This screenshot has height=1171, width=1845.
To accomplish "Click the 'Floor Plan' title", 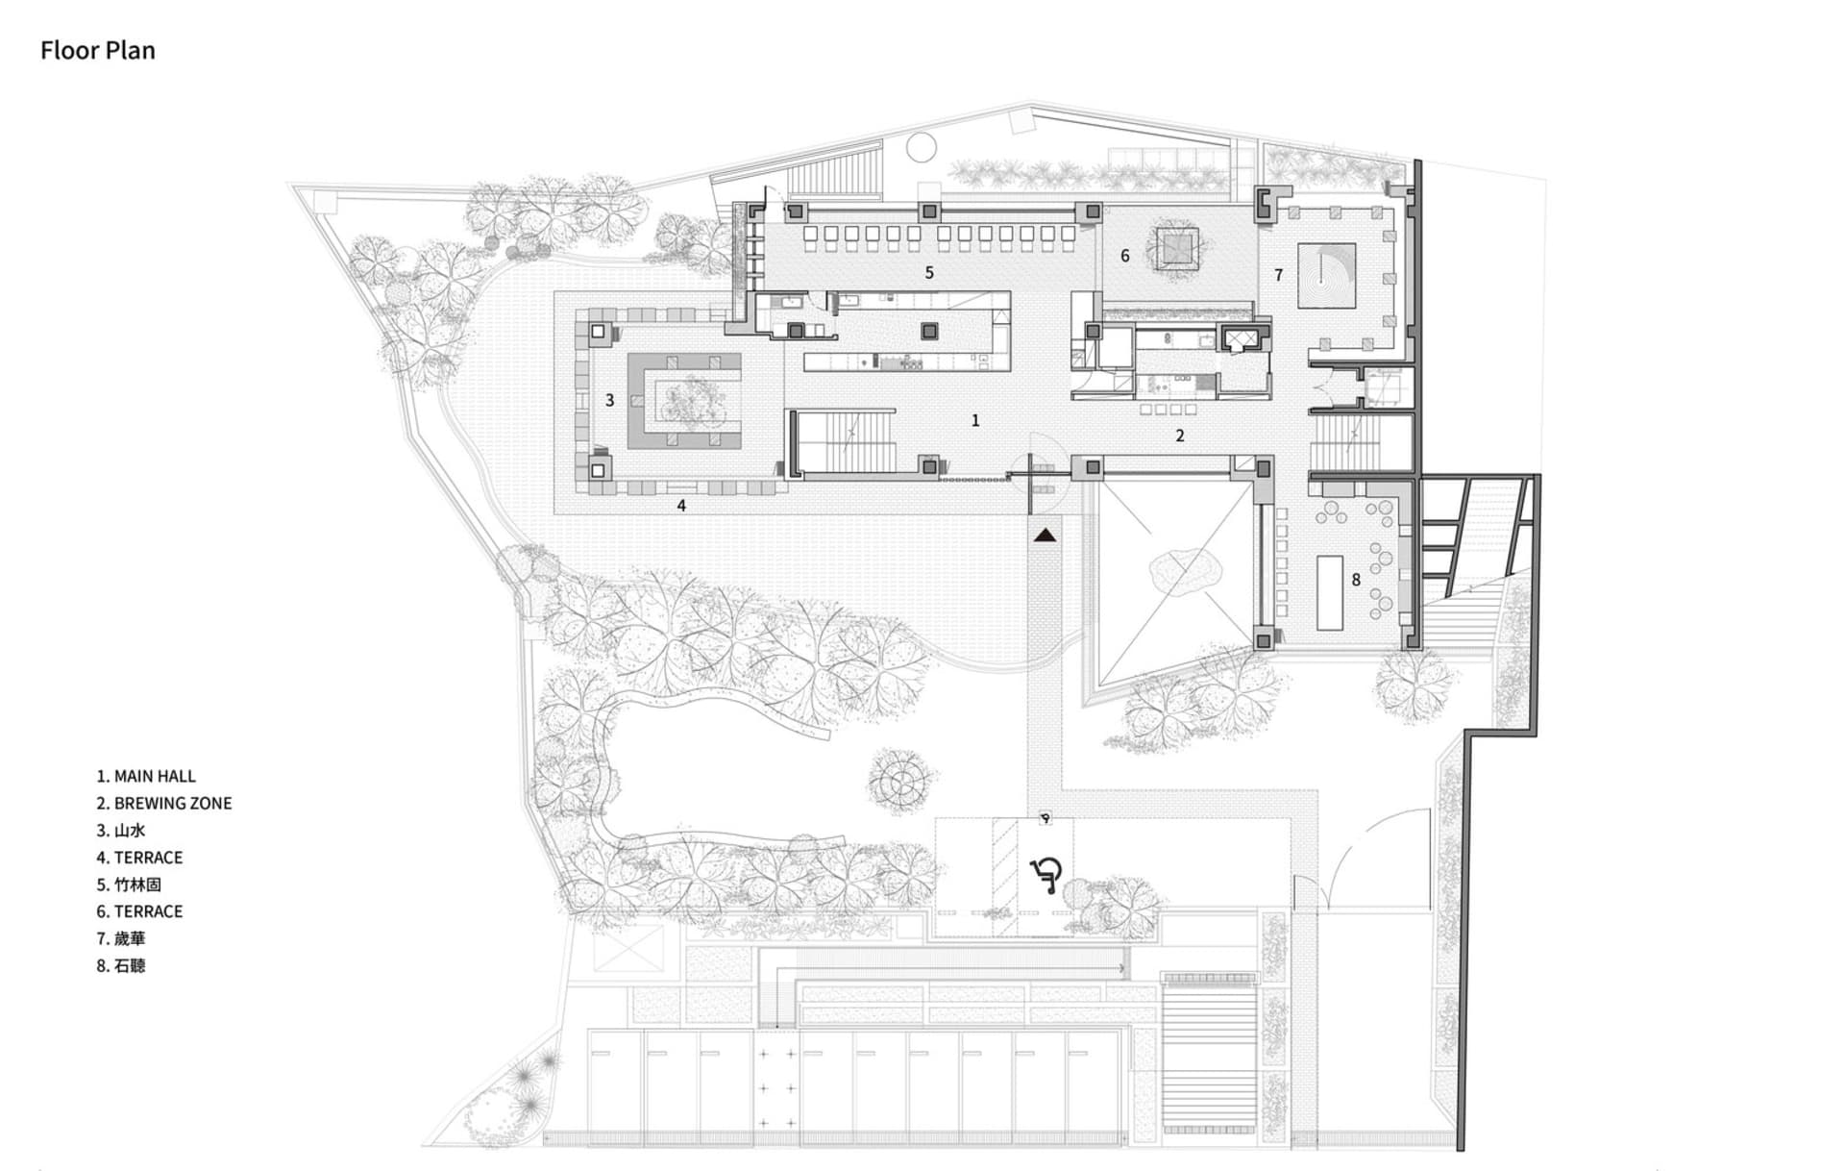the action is (97, 50).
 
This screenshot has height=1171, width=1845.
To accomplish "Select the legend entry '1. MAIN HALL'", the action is (145, 776).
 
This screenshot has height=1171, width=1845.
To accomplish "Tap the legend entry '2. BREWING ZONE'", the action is (163, 803).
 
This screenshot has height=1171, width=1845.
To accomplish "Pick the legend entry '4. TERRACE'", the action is (139, 858).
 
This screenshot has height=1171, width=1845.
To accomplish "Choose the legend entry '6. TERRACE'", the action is (139, 911).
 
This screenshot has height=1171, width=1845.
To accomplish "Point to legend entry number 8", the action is (120, 965).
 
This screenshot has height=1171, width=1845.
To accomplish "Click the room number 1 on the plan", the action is (975, 420).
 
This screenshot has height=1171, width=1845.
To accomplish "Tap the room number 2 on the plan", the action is (1180, 436).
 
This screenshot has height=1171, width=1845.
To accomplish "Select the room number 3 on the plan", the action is (609, 400).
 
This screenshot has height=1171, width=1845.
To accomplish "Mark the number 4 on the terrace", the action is (681, 506).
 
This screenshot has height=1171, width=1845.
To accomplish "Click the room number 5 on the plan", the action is (929, 273).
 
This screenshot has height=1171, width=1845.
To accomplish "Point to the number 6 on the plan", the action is (1124, 256).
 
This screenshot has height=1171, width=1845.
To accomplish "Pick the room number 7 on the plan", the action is (1278, 275).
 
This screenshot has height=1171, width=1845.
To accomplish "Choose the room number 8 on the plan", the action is (1356, 580).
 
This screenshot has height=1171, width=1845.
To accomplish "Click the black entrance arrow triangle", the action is (1045, 535).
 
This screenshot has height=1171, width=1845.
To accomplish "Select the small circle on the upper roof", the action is (922, 147).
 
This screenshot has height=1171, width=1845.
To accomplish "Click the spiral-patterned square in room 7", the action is (1326, 276).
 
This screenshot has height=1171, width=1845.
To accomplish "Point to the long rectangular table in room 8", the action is (1329, 592).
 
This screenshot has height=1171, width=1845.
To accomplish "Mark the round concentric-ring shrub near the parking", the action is (902, 781).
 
